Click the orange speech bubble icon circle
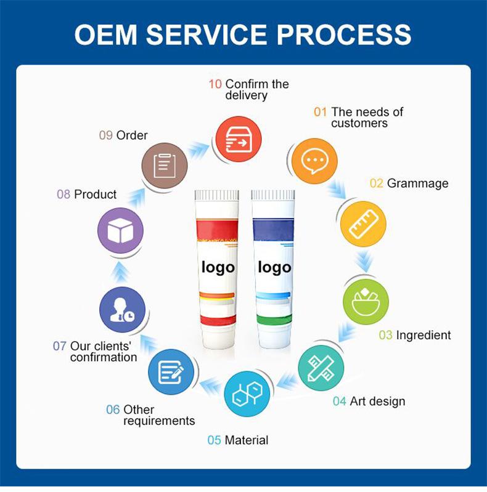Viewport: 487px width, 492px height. coord(314,161)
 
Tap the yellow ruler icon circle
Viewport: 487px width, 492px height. coord(364,224)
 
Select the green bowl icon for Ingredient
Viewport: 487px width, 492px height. coord(366,302)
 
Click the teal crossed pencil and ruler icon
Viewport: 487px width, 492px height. coord(321,368)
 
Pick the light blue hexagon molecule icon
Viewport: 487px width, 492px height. coord(247,394)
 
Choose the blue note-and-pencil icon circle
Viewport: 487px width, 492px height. coord(171,371)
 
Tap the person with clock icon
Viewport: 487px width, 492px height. coord(122,310)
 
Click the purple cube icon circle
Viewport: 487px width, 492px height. coord(120,231)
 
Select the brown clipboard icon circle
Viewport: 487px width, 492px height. coord(165,166)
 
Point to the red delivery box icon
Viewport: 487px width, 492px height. coord(239,139)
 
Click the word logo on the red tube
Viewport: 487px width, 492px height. coord(218,268)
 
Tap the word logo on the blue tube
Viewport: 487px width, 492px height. coord(274,268)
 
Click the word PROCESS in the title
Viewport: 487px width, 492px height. coord(344,34)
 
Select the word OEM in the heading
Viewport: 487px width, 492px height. coord(106,34)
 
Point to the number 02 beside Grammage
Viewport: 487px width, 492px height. coord(377,183)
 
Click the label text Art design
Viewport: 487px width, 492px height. coord(377,401)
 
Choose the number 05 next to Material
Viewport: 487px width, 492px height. coord(215,440)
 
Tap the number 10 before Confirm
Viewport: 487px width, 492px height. coord(215,84)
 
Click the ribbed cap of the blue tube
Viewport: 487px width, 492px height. coord(272,195)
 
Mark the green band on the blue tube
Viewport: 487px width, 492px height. coord(273,320)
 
